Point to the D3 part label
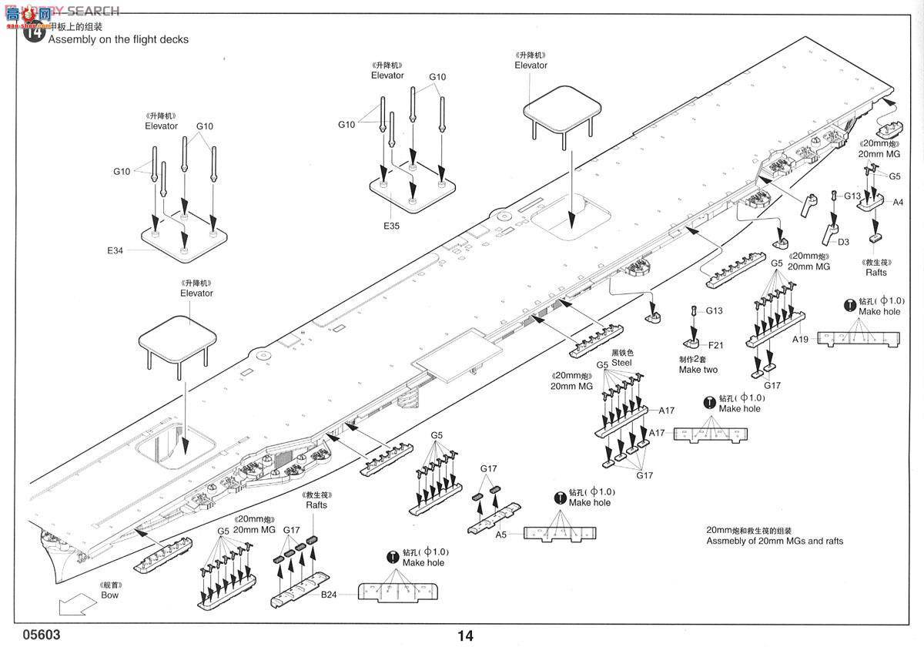(x=843, y=242)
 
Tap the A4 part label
(x=898, y=203)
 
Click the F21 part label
(x=716, y=344)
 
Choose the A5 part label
(x=500, y=534)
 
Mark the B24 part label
(x=329, y=594)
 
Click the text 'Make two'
(x=698, y=370)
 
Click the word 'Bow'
(x=110, y=595)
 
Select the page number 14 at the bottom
(x=465, y=635)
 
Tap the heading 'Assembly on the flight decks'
(x=119, y=39)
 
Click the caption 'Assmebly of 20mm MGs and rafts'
(x=775, y=541)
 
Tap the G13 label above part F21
(x=715, y=310)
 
